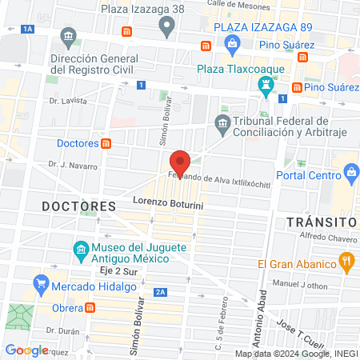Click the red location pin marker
(x=180, y=162)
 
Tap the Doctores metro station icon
(x=106, y=143)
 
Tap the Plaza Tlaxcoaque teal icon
(x=266, y=84)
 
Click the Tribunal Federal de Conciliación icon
(x=222, y=122)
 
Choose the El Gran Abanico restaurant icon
(x=346, y=260)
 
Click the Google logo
(x=27, y=350)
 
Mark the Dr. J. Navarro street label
(x=73, y=166)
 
